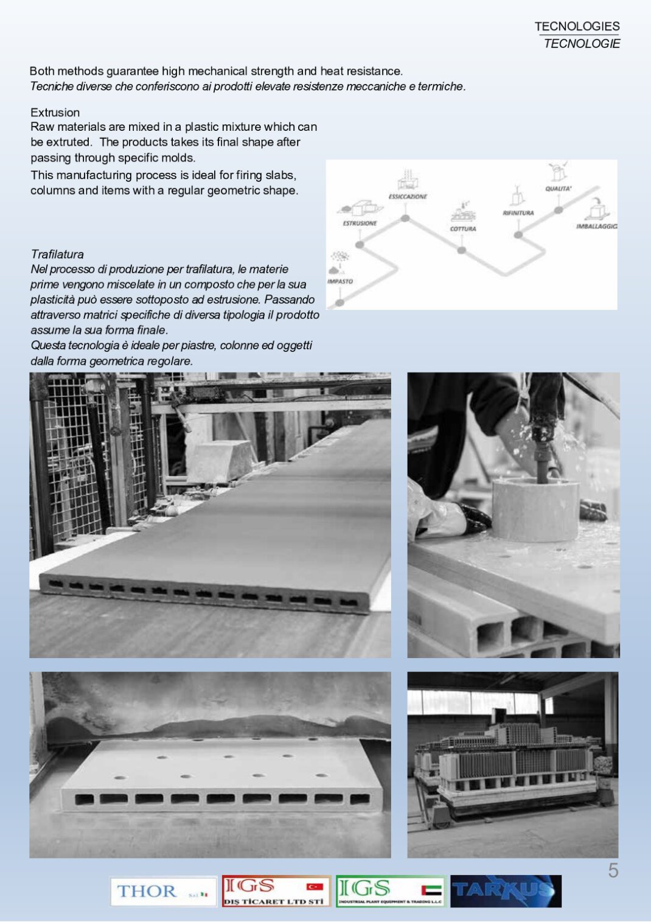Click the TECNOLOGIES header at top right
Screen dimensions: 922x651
tap(577, 26)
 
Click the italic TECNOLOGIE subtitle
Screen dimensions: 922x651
tap(582, 44)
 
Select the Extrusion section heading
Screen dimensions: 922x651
tap(55, 113)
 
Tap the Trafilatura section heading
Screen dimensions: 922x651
tap(57, 254)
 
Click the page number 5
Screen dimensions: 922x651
tap(613, 871)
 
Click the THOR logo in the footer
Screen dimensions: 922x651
tap(163, 891)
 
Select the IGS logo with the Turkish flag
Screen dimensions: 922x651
tap(276, 891)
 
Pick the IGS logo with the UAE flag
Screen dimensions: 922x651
tap(391, 891)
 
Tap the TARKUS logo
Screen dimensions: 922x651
tap(506, 891)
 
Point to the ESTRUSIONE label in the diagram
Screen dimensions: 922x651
tap(360, 223)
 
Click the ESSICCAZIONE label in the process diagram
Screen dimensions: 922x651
tap(408, 197)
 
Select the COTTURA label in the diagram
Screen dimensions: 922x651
tap(462, 229)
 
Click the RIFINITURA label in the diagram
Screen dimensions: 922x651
tap(518, 213)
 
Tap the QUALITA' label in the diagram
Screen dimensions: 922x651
tap(558, 189)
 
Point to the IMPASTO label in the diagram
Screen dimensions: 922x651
tap(339, 281)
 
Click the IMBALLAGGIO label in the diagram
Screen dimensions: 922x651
tap(596, 226)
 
